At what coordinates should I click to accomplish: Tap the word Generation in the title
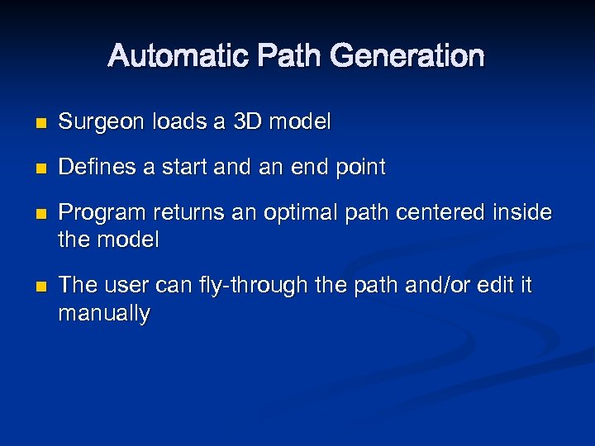tap(407, 57)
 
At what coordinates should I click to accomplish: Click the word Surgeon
tap(102, 122)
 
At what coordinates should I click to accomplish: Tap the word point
tap(356, 168)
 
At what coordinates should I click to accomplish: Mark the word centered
tap(442, 213)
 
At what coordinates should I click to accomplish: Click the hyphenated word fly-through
tap(262, 286)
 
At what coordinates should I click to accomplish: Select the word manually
tap(104, 314)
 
